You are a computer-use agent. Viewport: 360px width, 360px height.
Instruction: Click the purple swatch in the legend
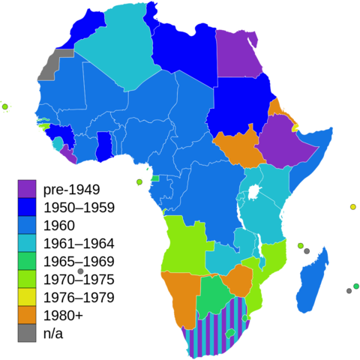(x=27, y=189)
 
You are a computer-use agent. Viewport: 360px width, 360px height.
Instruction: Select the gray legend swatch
(x=27, y=332)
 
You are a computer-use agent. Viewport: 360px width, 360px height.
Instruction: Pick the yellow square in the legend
(x=27, y=297)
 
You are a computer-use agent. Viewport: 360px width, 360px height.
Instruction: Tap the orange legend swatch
(x=27, y=315)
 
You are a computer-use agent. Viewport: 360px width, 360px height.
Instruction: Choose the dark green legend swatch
(x=27, y=261)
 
